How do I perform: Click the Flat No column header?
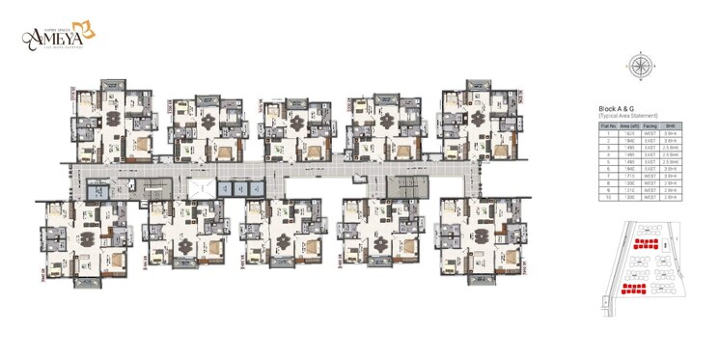click(x=609, y=125)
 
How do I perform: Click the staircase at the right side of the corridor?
click(x=399, y=186)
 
